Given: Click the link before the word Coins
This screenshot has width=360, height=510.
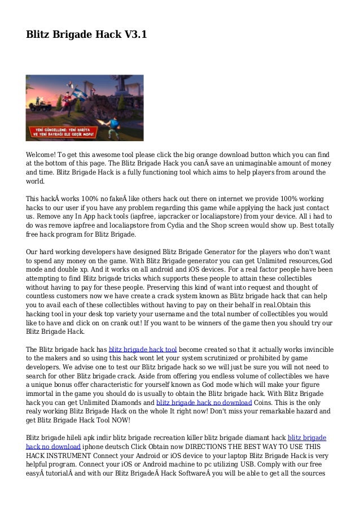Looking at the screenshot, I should [x=204, y=402].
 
